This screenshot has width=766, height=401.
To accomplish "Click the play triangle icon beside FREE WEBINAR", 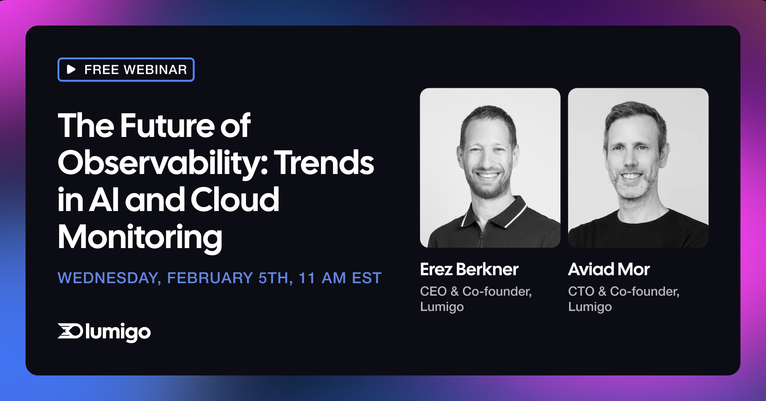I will coord(71,69).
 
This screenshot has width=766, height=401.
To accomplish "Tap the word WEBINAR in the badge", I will coord(155,70).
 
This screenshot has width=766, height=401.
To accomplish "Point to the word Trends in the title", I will coord(325,163).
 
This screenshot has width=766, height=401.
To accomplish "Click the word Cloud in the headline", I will coord(235,200).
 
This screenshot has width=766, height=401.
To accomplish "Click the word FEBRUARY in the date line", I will coord(210,278).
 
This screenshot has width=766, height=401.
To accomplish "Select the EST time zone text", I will coord(367,278).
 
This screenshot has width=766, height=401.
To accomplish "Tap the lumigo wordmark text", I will coord(118,332).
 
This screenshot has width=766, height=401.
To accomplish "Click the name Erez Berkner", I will coord(469,269).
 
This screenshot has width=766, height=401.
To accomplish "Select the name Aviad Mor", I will coord(609,269).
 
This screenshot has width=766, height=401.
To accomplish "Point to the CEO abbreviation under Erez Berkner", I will coord(433,291).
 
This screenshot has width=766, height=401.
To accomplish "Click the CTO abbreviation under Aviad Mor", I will coord(581,291).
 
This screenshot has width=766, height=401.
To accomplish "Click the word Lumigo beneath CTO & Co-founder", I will coord(590,306).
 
